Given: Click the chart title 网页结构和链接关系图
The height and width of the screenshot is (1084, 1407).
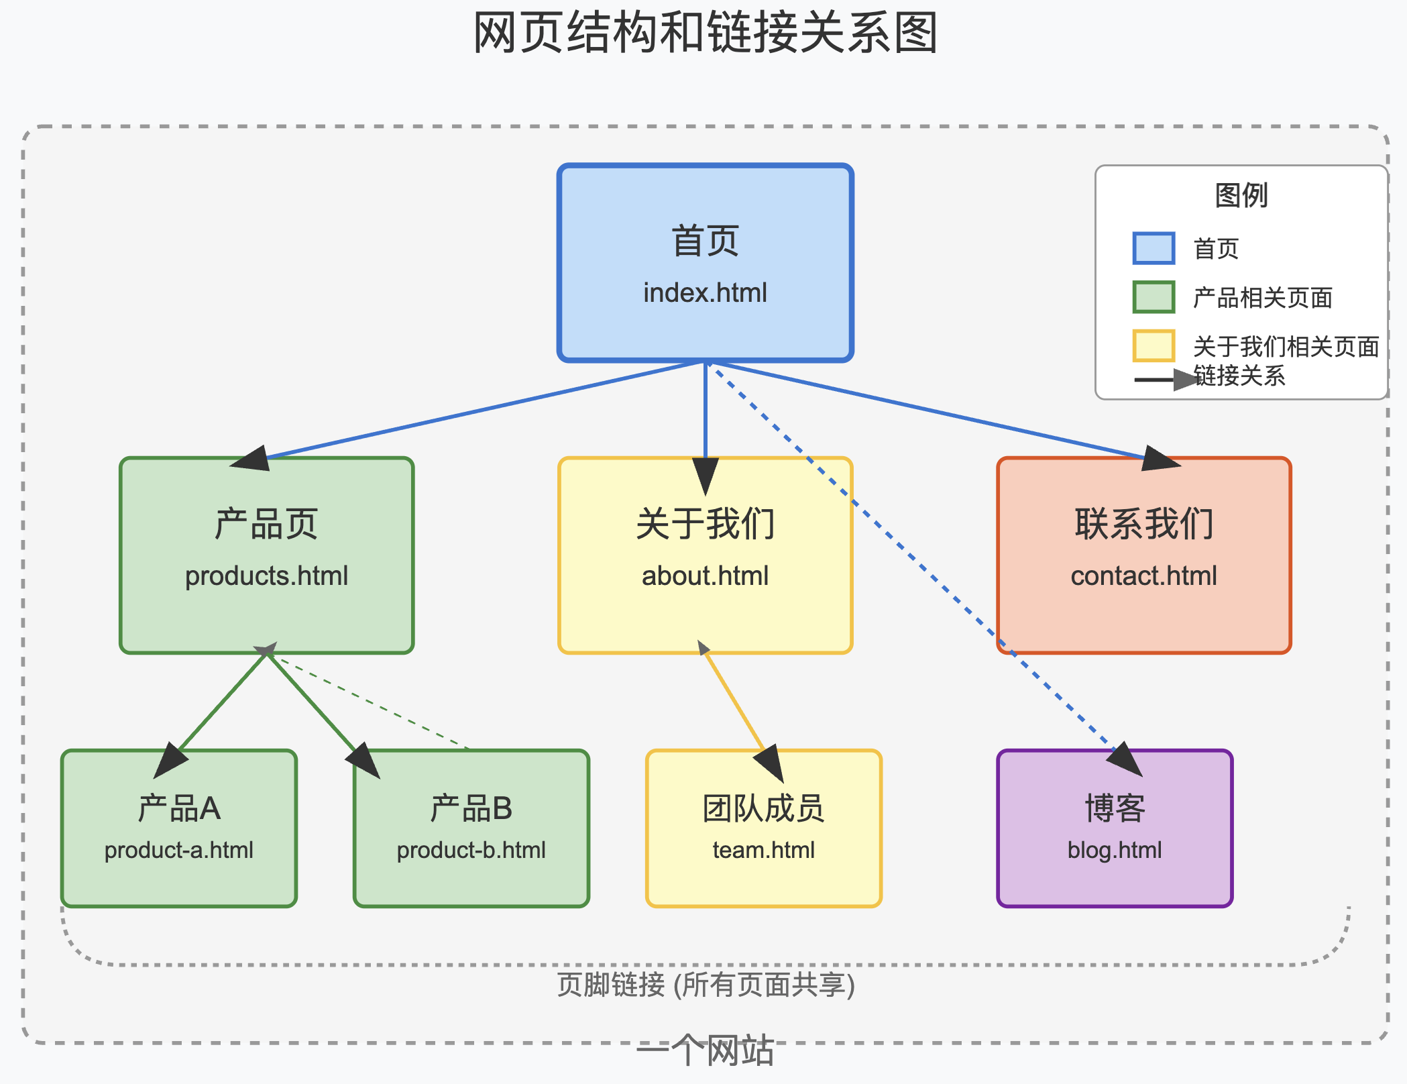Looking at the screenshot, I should coord(705,32).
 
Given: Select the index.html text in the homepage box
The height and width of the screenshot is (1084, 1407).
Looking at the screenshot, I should coord(705,293).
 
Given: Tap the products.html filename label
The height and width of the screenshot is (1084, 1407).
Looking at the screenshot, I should coord(266,576).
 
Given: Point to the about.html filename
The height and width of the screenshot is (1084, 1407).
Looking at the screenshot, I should coord(705,576).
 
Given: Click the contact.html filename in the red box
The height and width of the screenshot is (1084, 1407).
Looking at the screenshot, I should coord(1143,576).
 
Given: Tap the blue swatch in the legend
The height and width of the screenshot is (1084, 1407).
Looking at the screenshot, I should coord(1153,248).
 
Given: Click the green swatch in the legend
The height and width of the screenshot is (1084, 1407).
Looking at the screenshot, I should coord(1153,297).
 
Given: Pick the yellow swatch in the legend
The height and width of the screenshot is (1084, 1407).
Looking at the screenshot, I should coord(1153,346).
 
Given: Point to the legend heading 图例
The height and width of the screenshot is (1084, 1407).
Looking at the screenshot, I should coord(1241,195).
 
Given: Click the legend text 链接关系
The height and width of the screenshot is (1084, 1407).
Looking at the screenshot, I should coord(1239,376).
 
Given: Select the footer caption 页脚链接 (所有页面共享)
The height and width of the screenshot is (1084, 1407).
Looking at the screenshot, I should coord(706,985).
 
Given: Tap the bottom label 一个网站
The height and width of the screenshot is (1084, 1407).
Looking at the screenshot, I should coord(706,1050).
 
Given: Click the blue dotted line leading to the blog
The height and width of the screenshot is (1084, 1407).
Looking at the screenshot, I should coord(925,570).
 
